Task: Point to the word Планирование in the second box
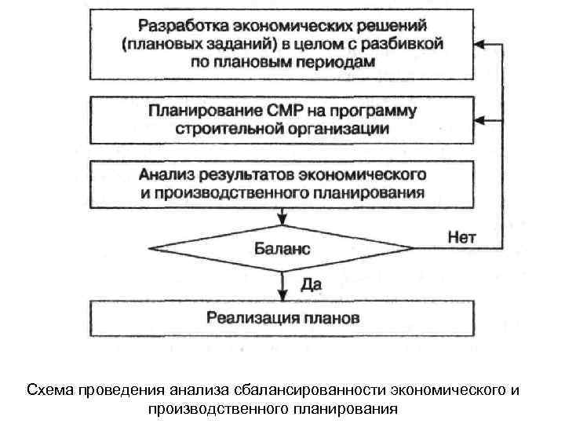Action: [200, 109]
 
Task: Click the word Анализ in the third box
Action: [167, 173]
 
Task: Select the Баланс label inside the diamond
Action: [282, 249]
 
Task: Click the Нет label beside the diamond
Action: [461, 236]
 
